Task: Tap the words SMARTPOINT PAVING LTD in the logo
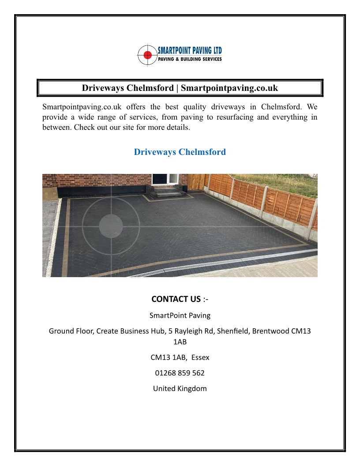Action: pos(190,51)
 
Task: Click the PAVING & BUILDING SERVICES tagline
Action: pos(190,60)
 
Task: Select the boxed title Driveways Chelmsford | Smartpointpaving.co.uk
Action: pos(180,88)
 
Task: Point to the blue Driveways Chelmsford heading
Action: pos(180,152)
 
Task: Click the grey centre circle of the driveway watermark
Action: pos(111,225)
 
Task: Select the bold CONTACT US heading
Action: pos(176,299)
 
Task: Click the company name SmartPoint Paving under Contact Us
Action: pos(180,315)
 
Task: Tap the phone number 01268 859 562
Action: pos(180,373)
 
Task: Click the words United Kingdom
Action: pos(180,388)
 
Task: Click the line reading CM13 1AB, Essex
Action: pos(180,357)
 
